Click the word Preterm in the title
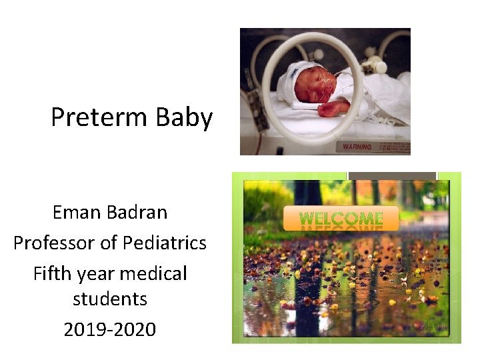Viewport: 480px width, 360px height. pos(100,118)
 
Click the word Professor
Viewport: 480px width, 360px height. pos(55,243)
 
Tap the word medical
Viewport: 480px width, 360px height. pos(157,274)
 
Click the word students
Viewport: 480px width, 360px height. pos(110,299)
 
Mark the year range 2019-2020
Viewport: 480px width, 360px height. pos(110,329)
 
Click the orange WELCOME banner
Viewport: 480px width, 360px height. pos(341,218)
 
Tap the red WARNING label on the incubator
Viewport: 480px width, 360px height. pos(357,147)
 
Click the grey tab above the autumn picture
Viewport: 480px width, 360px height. pos(392,176)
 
